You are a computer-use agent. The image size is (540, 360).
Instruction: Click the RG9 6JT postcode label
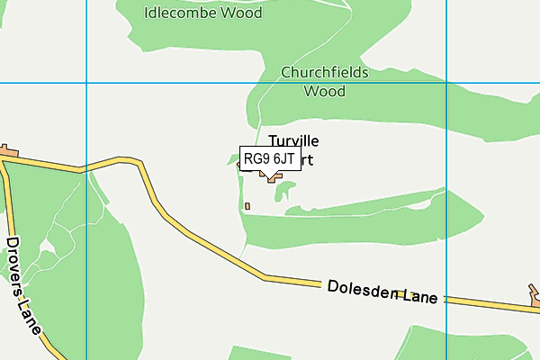pos(269,158)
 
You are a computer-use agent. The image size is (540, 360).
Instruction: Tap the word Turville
pos(293,141)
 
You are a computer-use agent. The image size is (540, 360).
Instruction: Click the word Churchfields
pos(325,72)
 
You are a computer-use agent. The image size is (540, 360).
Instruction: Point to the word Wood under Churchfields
pos(325,91)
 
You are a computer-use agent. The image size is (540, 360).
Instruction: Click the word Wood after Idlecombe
pos(245,13)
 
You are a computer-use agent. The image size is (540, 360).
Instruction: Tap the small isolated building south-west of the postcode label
pos(247,206)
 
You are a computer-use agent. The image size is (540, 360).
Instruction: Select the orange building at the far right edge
pos(535,292)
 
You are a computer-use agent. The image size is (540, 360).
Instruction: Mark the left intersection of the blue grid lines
pos(85,83)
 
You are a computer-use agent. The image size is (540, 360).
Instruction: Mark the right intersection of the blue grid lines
pos(447,83)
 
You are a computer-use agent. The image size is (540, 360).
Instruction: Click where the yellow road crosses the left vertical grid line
pos(85,167)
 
